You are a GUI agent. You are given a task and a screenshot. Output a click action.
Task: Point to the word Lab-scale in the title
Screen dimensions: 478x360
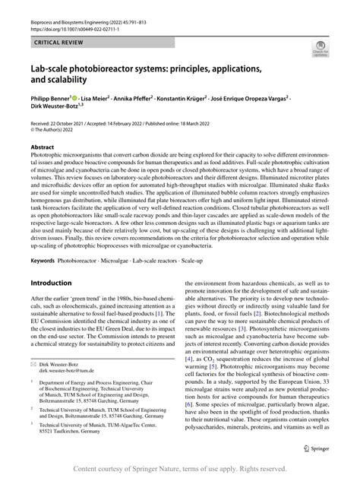52,69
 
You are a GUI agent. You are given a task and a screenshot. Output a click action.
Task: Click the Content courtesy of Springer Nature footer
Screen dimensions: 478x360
180,469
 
